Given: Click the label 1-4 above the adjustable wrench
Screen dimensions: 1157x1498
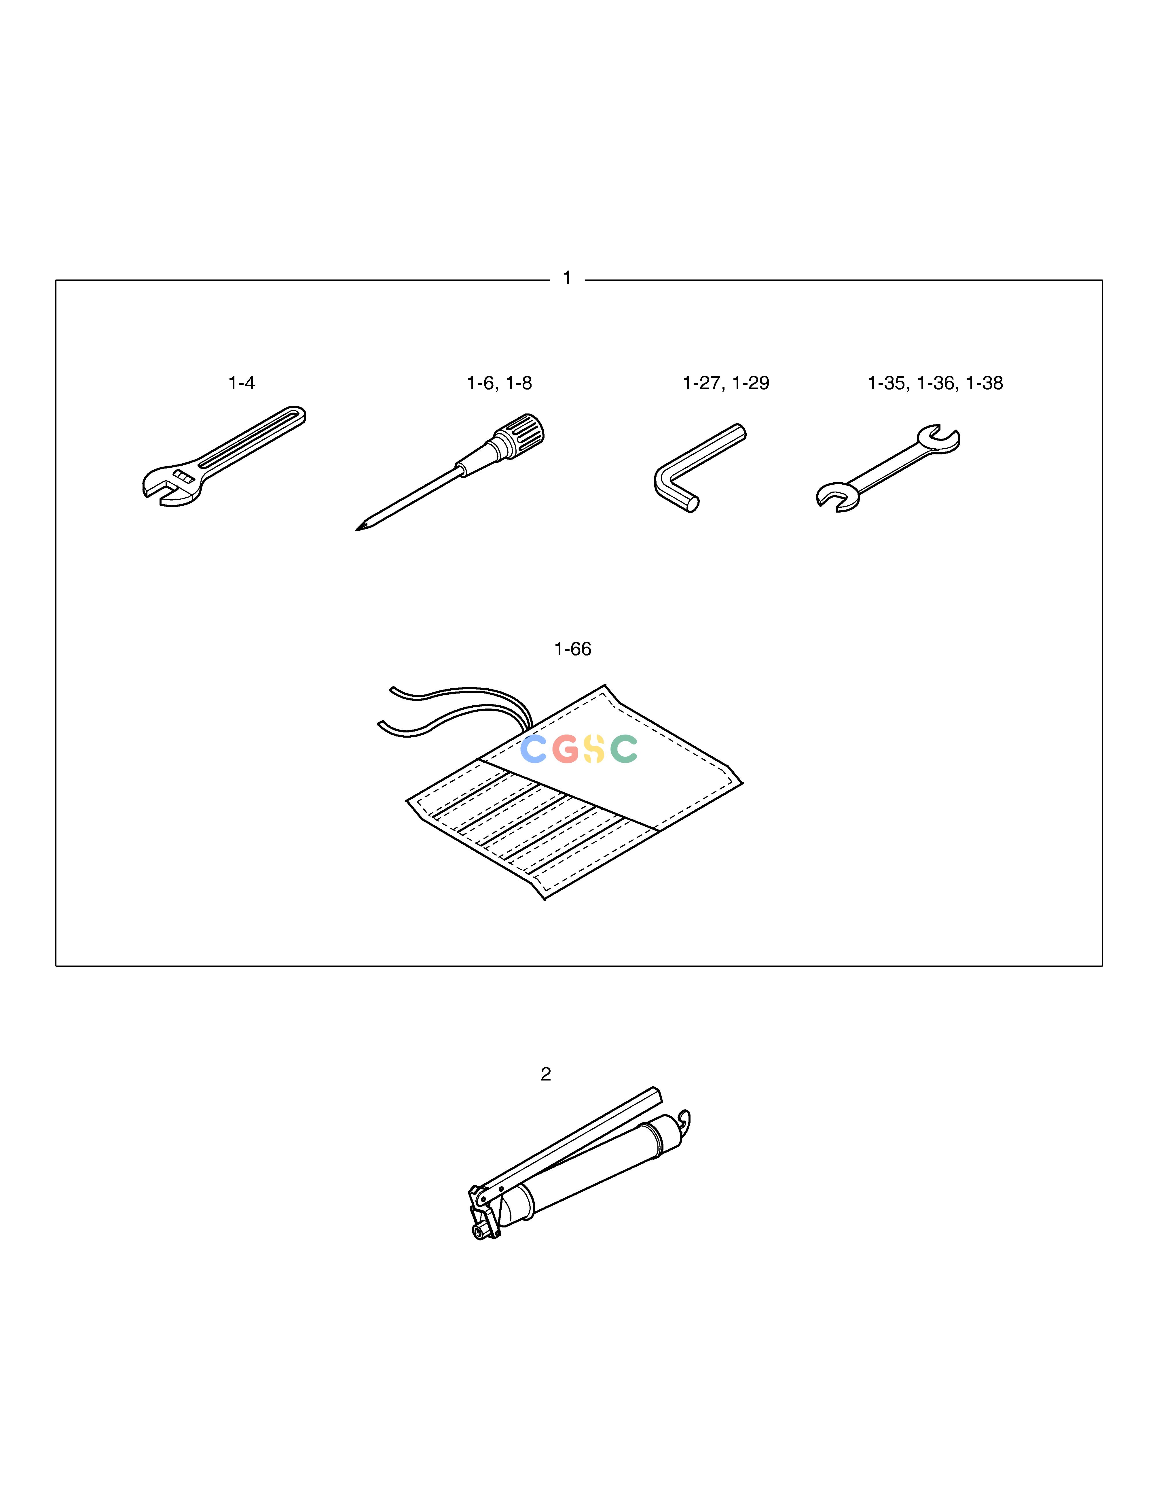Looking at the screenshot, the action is (241, 383).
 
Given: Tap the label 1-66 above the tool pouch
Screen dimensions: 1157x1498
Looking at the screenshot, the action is (572, 649).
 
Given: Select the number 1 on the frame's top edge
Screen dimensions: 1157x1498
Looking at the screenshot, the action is (567, 278).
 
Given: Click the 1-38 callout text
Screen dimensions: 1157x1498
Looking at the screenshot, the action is (984, 383).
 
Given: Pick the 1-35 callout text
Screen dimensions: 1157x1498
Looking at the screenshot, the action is (887, 383).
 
